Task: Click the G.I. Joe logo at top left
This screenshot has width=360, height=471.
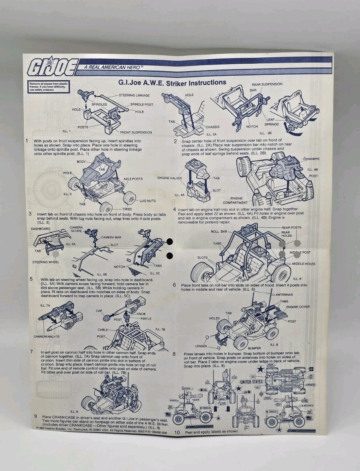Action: coord(52,67)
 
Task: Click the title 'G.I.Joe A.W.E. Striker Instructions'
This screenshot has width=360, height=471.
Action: coord(172,83)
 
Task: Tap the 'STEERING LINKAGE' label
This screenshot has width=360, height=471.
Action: coord(134,95)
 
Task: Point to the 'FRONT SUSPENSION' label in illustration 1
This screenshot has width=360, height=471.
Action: coord(136,132)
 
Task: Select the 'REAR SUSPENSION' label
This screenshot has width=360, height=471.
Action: coord(267,84)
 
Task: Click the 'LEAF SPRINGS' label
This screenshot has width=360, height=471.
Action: coord(272,122)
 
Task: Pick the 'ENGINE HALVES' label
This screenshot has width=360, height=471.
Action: coord(170,178)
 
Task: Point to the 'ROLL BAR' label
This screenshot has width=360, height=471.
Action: coord(219,231)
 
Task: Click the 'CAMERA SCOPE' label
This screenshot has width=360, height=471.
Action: coord(76,229)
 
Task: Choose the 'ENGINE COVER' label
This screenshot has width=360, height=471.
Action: coord(297,307)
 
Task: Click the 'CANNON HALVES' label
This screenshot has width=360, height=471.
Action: coord(47,336)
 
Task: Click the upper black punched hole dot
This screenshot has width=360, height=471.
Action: coord(170,242)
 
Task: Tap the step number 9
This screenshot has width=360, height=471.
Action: coord(35,416)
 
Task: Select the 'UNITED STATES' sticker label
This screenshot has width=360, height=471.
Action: coord(252,382)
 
